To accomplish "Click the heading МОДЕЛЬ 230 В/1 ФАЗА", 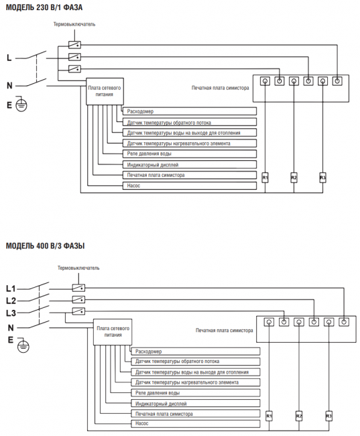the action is [44, 7].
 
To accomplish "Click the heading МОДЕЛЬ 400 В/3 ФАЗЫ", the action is [45, 246].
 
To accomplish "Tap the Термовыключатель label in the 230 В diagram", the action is [74, 24].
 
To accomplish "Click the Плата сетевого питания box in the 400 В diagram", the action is [113, 332].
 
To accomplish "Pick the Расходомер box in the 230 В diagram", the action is [190, 111].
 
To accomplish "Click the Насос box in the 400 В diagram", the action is [196, 423].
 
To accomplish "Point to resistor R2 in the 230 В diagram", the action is [294, 178].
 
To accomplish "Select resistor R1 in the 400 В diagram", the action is [269, 417].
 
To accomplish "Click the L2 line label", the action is [11, 301].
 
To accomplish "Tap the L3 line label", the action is [11, 313].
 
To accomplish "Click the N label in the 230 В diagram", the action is [10, 86].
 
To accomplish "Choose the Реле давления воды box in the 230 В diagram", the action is [190, 154].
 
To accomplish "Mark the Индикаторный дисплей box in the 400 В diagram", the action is [196, 403].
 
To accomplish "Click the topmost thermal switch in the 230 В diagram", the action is [74, 44].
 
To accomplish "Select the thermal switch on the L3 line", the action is [78, 311].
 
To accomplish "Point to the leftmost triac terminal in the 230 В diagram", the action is [265, 81].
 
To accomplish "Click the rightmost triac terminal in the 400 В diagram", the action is [344, 322].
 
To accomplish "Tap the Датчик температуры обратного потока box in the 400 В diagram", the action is [196, 362].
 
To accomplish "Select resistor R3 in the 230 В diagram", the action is [322, 178].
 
